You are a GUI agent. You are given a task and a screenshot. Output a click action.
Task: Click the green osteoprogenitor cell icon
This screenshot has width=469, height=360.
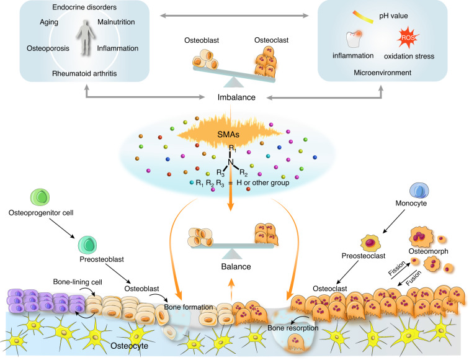40,197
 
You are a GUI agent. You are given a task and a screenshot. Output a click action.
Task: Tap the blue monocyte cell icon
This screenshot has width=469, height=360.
419,191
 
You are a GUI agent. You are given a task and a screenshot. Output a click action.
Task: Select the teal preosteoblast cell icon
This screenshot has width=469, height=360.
87,245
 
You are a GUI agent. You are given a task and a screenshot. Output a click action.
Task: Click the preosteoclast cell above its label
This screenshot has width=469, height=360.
370,243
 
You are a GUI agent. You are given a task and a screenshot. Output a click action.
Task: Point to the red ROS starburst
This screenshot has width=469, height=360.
408,37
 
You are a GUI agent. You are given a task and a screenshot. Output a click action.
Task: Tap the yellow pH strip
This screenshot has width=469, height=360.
363,17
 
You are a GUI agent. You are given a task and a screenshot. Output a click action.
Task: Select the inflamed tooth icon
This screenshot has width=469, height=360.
354,39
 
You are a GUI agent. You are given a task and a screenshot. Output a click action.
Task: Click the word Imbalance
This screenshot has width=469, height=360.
236,97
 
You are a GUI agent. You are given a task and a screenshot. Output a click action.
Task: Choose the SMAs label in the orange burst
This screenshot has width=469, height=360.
228,135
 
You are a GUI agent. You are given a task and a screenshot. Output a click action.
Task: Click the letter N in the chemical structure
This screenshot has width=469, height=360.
230,162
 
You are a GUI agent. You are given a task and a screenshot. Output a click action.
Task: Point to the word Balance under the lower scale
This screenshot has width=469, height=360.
236,267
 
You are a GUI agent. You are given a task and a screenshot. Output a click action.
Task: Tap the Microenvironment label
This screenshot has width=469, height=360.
382,73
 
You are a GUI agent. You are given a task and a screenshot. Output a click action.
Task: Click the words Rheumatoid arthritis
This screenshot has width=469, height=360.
84,74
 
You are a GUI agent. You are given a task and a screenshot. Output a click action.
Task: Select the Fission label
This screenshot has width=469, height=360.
396,268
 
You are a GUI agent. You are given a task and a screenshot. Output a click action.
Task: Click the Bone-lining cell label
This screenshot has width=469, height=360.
78,282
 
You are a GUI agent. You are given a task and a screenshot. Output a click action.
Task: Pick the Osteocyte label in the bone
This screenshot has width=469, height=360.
129,346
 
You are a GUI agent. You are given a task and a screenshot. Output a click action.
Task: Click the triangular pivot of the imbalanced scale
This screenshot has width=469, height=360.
234,82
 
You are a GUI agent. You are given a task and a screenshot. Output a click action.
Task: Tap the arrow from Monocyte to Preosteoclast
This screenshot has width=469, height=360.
393,221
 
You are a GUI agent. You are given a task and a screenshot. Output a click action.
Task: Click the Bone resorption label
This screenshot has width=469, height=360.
293,328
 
